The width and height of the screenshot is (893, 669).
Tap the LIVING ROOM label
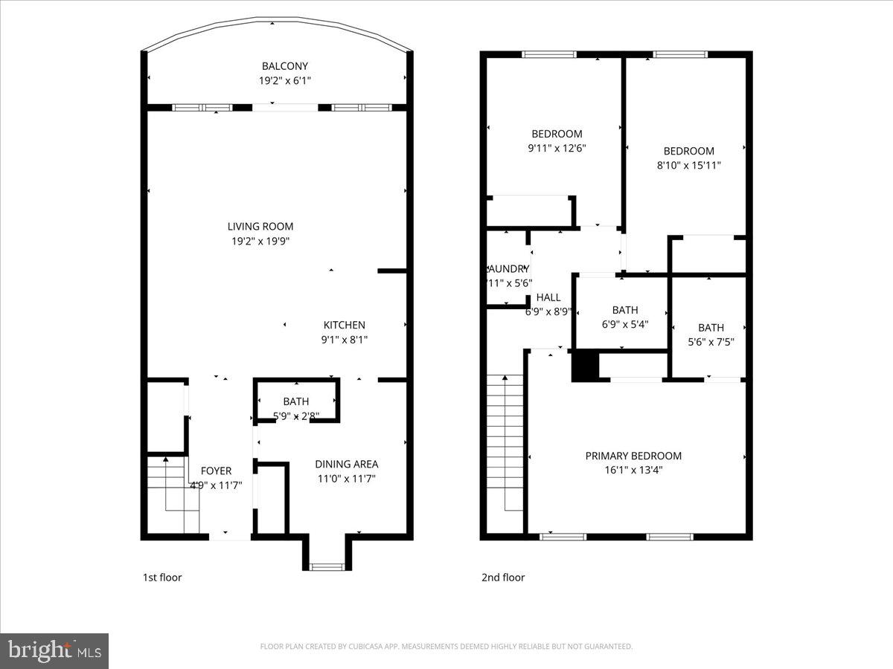pos(260,227)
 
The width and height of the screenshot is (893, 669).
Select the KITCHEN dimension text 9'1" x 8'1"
pos(344,340)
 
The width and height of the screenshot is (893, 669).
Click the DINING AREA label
pos(346,464)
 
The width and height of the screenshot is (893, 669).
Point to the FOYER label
pos(216,471)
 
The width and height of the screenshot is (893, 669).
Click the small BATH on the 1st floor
pos(295,402)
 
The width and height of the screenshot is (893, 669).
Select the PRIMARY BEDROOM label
pos(633,456)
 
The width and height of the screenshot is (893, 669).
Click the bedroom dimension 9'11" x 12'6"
pos(557,148)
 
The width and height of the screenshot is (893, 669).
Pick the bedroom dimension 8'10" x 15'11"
pos(688,166)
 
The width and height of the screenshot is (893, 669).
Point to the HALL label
pos(548,297)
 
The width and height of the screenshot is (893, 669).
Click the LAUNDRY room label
pos(508,268)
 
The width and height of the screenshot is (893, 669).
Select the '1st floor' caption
pos(161,578)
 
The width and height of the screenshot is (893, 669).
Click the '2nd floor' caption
pos(502,578)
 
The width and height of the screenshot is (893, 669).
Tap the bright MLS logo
pos(54,651)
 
